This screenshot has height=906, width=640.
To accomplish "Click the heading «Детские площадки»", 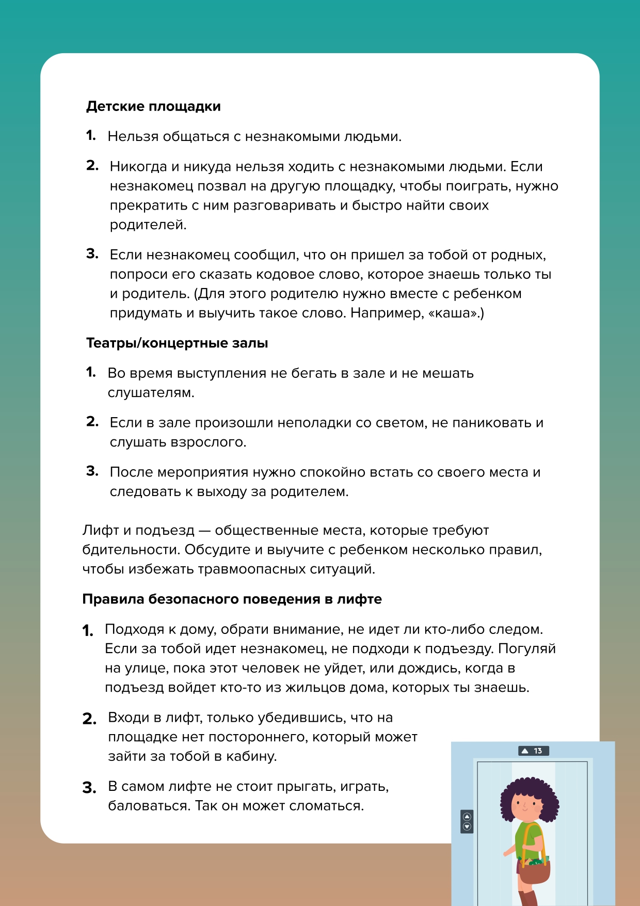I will pos(153,106).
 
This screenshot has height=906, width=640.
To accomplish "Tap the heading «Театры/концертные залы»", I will pos(177,343).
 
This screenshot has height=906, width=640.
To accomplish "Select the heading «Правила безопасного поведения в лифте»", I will pos(232,599).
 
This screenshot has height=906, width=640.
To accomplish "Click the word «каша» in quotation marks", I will pos(454,313).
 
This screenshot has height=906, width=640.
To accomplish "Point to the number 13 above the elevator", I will pos(538,751).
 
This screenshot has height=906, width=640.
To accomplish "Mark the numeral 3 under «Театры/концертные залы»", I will pos(92,471).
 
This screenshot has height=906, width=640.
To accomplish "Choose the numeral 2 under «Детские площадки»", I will pos(92,165).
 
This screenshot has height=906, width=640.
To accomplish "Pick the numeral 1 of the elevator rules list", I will pos(88,630).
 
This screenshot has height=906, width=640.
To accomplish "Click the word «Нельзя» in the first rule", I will pos(133,137).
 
